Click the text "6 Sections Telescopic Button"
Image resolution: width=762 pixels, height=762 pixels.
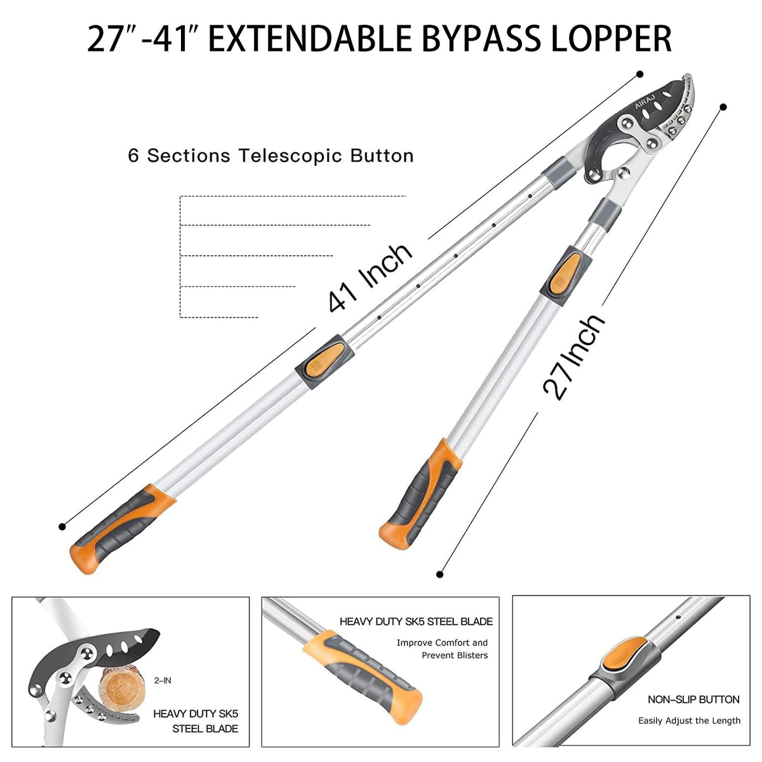pos(271,156)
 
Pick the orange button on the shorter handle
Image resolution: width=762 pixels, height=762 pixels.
pos(566,273)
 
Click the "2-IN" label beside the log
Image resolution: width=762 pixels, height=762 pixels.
pos(163,681)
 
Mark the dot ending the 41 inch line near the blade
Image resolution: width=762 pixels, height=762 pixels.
pos(640,74)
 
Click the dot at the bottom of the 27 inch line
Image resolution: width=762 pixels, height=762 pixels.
pos(439,574)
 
